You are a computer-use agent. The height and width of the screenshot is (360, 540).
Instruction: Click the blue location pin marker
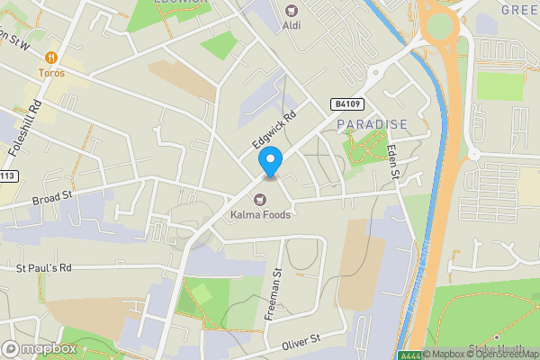(x=271, y=161)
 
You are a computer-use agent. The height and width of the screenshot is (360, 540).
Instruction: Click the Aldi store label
(x=292, y=25)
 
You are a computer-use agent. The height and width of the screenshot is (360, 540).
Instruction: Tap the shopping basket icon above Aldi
(x=292, y=10)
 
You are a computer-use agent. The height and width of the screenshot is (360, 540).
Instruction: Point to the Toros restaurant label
(x=51, y=72)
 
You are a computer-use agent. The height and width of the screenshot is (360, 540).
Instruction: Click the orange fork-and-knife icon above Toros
(x=51, y=57)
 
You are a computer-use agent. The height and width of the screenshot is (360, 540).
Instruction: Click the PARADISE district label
(x=373, y=123)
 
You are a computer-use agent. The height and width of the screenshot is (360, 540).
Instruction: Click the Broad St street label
(x=51, y=198)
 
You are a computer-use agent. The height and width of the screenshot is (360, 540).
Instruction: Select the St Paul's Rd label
(x=43, y=268)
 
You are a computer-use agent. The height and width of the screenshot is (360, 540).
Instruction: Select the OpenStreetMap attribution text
(x=500, y=354)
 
